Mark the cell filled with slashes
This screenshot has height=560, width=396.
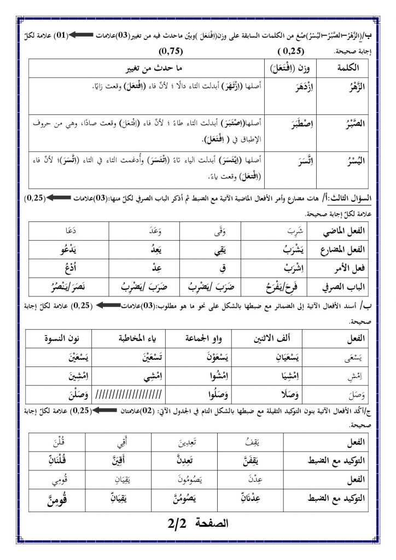pyautogui.click(x=129, y=394)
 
